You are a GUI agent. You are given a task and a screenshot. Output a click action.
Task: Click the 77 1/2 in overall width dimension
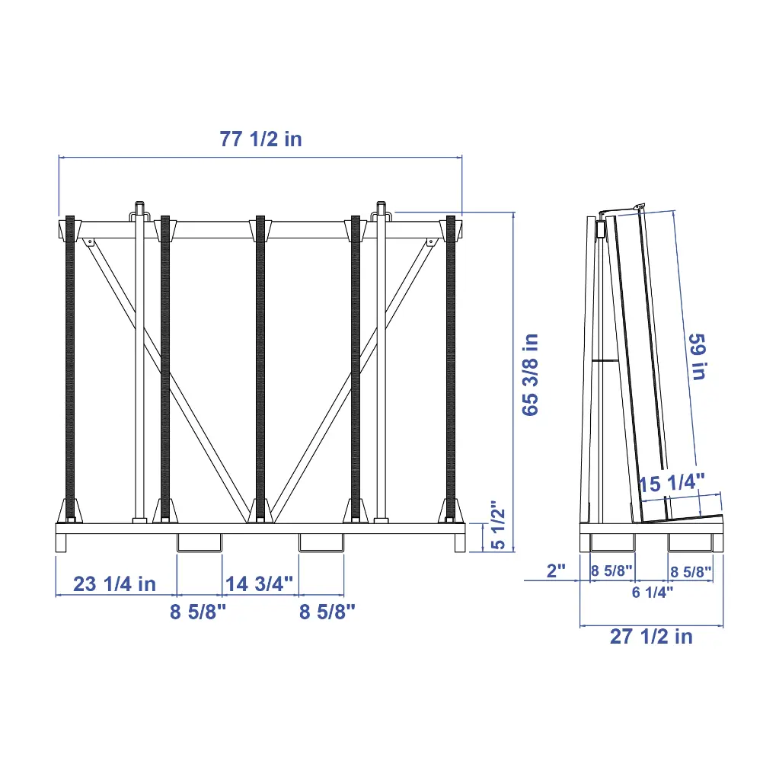[260, 139]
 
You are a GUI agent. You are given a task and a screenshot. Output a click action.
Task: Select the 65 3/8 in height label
[531, 374]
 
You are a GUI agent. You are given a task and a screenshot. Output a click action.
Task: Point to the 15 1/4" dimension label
[672, 483]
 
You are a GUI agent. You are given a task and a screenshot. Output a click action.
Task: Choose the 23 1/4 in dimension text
[114, 584]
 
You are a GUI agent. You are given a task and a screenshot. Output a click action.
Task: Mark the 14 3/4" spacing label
[260, 584]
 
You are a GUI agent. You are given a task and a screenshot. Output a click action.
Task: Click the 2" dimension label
[557, 571]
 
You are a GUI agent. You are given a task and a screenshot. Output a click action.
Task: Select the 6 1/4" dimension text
[653, 593]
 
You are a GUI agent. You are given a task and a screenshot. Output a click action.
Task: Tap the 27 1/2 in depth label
[651, 637]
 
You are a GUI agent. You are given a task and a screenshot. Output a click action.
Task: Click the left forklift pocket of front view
[200, 542]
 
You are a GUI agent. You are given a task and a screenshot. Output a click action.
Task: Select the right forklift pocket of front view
[321, 542]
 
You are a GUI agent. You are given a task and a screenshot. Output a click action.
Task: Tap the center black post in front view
[260, 366]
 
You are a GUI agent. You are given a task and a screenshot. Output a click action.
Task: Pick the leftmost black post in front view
[71, 366]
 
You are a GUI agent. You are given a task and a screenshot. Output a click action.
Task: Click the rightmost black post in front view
[451, 366]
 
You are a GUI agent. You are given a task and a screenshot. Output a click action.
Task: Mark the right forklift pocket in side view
[690, 543]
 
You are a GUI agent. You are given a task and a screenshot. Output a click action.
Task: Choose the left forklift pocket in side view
[612, 543]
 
